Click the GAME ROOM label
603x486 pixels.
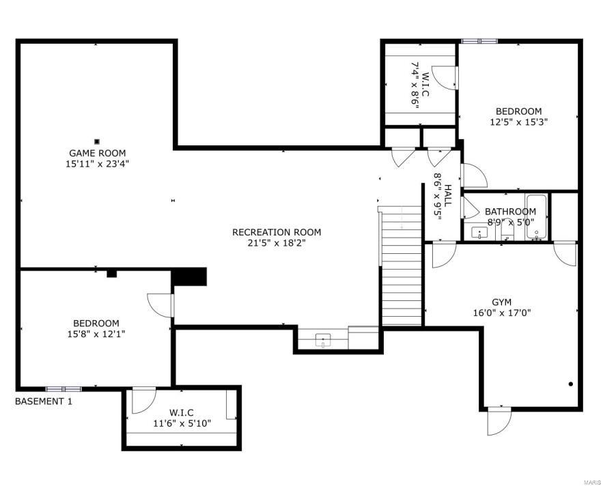(x=97, y=153)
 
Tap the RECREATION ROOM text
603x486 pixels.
(x=277, y=232)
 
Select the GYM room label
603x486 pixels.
(x=502, y=302)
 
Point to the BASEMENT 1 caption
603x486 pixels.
(x=44, y=401)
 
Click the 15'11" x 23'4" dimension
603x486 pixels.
(x=97, y=164)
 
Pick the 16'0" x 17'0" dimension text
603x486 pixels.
(x=502, y=313)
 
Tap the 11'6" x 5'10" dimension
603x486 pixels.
(x=182, y=424)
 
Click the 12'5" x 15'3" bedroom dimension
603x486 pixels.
(x=519, y=122)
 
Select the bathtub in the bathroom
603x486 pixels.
(x=537, y=217)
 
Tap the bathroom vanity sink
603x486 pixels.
(x=479, y=233)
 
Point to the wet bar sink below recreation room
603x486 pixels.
(x=323, y=341)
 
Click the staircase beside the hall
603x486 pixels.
(x=400, y=266)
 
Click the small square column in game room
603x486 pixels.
(x=97, y=141)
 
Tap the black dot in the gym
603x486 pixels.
(x=571, y=384)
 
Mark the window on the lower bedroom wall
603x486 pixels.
(x=64, y=389)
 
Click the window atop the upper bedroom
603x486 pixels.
(x=479, y=41)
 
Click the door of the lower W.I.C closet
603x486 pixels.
(x=144, y=401)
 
